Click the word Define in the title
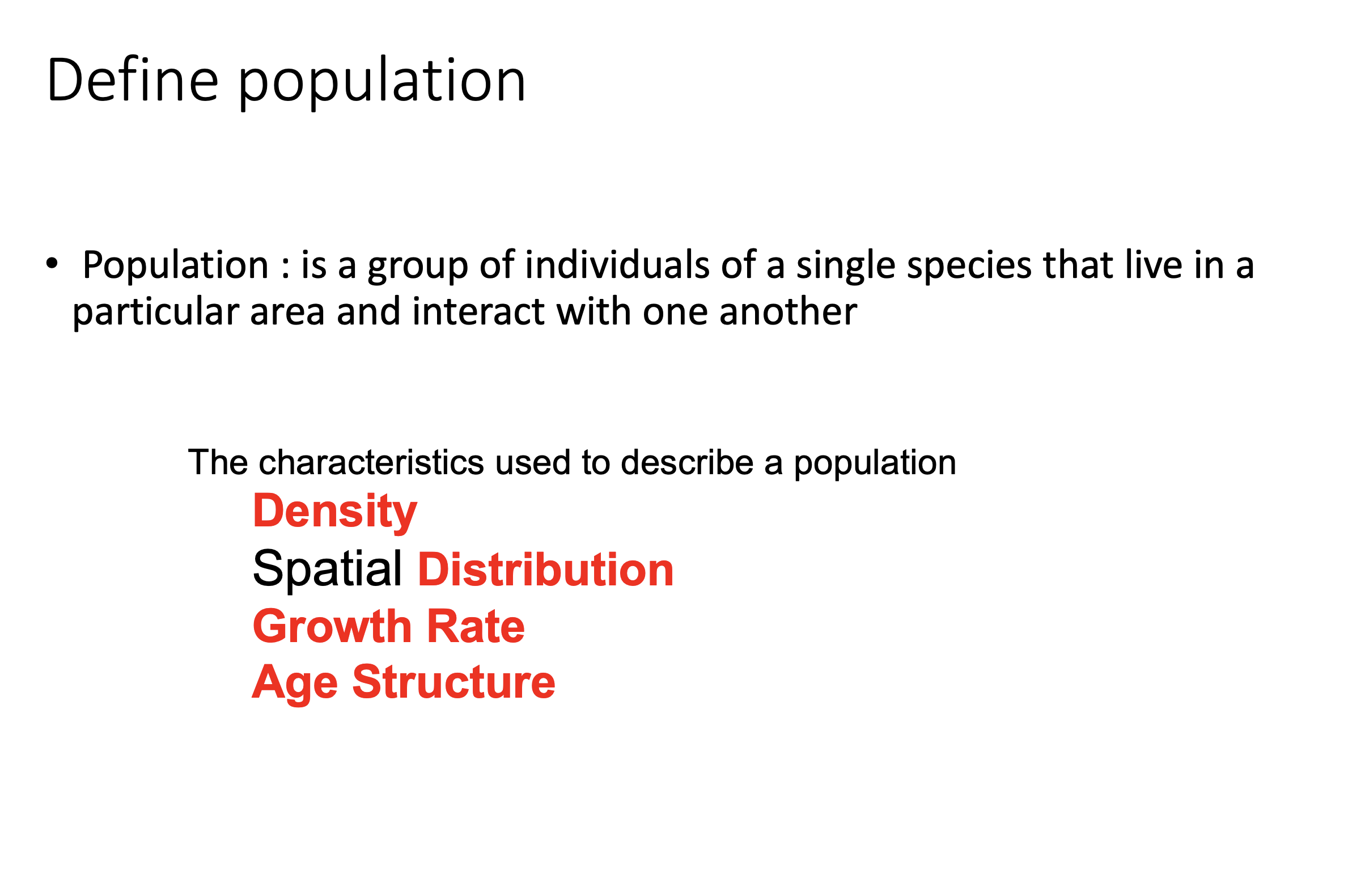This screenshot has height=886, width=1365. pyautogui.click(x=133, y=80)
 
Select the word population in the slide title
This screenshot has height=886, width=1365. pyautogui.click(x=381, y=84)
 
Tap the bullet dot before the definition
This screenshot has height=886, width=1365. pyautogui.click(x=52, y=263)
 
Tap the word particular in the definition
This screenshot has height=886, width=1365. pyautogui.click(x=155, y=313)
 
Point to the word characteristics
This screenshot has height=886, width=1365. pyautogui.click(x=371, y=462)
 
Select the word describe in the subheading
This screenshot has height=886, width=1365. pyautogui.click(x=686, y=462)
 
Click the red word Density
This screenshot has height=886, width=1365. pyautogui.click(x=335, y=512)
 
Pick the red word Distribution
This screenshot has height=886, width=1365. pyautogui.click(x=546, y=570)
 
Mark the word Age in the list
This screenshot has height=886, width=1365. pyautogui.click(x=295, y=684)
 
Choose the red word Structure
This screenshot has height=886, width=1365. pyautogui.click(x=453, y=682)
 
